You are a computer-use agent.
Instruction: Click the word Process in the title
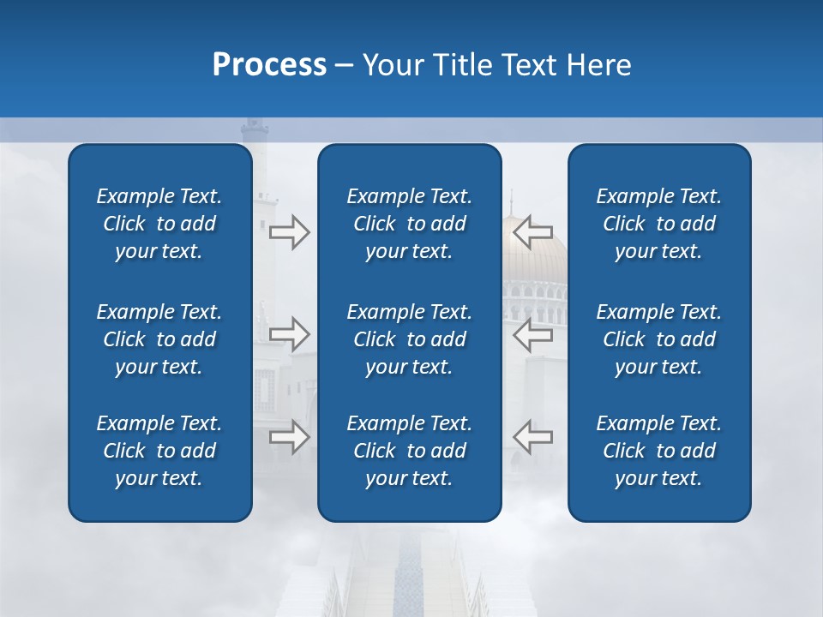click(x=269, y=65)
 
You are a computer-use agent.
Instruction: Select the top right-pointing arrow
click(x=289, y=232)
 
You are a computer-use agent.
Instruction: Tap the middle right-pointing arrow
click(x=289, y=333)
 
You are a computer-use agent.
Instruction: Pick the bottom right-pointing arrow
click(x=289, y=436)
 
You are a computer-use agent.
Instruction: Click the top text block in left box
click(x=159, y=224)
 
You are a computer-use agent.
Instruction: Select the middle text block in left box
click(x=159, y=339)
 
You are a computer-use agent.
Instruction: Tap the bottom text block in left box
click(x=159, y=451)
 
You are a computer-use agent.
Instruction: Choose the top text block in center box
click(x=409, y=224)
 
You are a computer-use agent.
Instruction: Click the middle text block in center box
click(x=409, y=339)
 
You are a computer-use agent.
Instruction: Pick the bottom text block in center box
click(x=409, y=451)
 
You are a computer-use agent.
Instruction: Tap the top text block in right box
click(x=658, y=224)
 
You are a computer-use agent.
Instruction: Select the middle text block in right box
click(x=658, y=339)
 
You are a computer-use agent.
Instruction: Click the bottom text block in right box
click(x=658, y=451)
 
